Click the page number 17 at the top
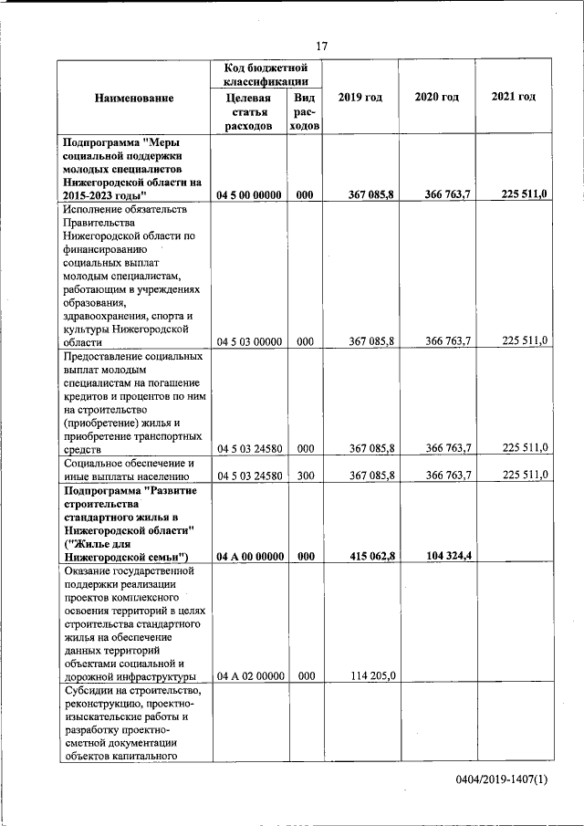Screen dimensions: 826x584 pos(321,47)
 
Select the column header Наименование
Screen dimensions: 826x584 pos(133,98)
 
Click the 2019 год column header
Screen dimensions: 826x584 pos(360,98)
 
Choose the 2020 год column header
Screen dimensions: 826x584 pos(436,98)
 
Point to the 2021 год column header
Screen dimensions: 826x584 pos(513,98)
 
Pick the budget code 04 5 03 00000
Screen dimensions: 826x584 pos(248,341)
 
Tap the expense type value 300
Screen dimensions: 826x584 pos(305,475)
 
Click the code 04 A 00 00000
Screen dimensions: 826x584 pos(248,556)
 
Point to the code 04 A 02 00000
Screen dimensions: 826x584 pos(248,676)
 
